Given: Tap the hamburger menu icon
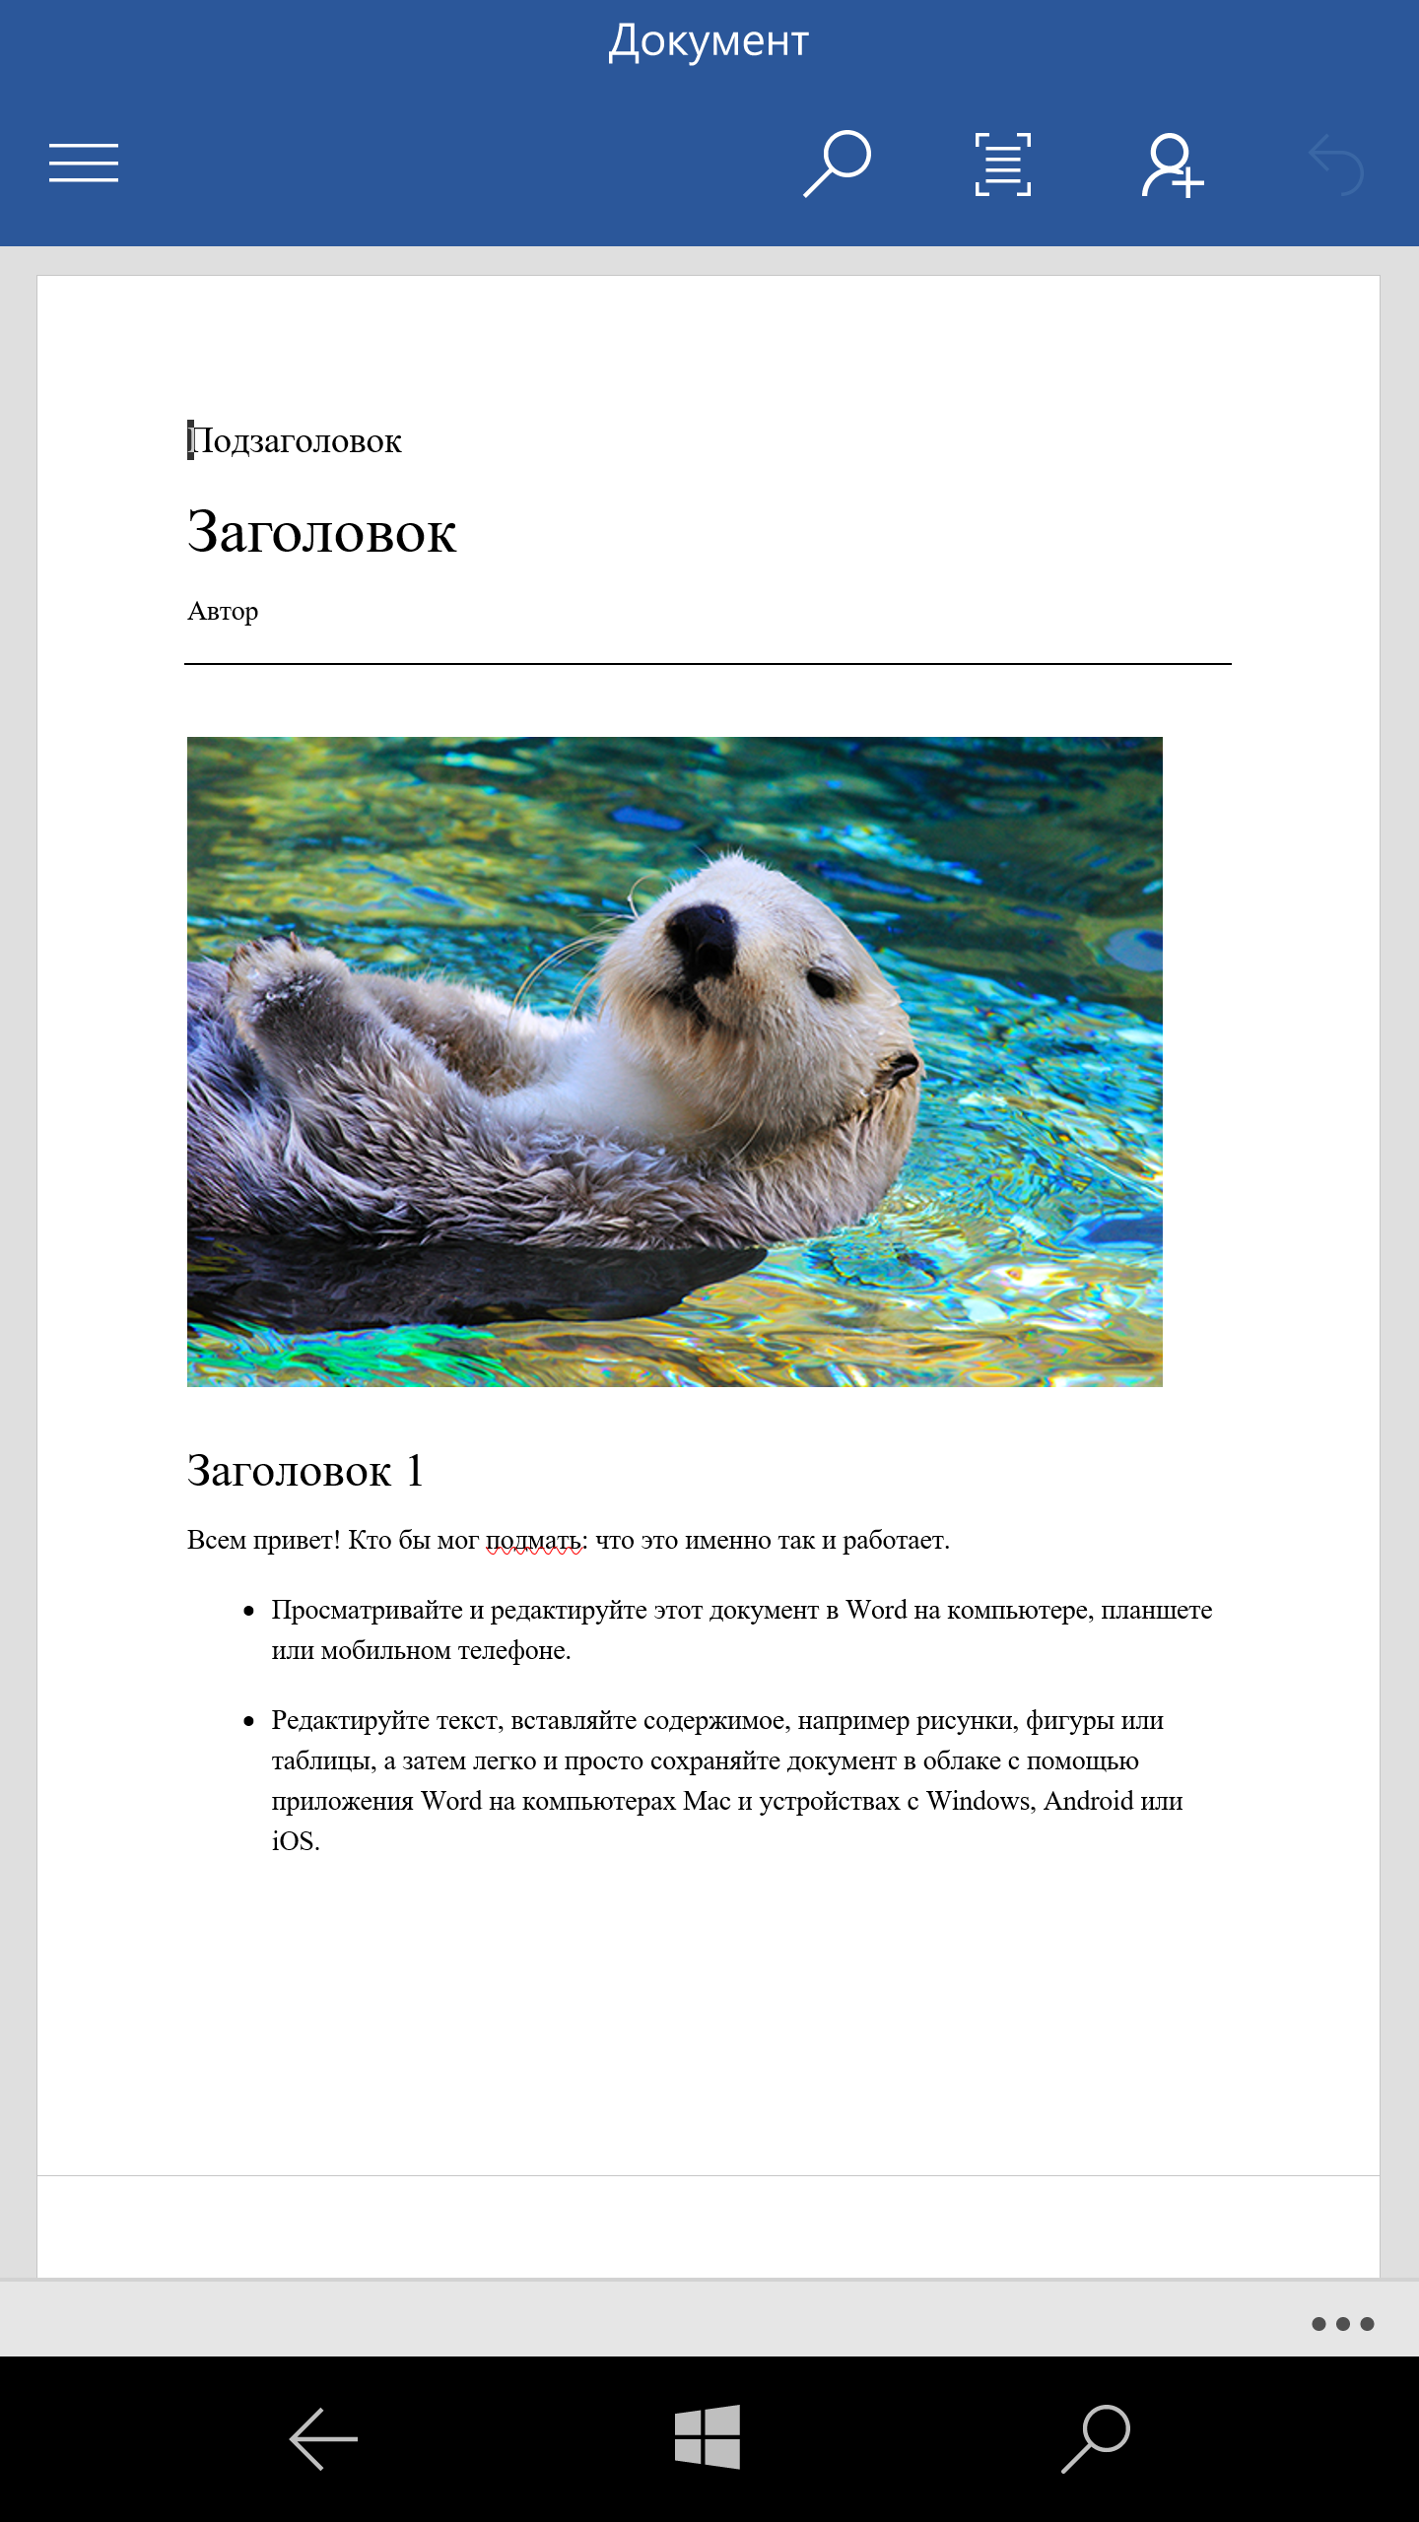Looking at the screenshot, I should [84, 163].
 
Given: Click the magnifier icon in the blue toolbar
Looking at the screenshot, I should [837, 164].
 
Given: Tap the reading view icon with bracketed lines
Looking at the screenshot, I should [1003, 164].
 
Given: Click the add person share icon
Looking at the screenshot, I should [1172, 166].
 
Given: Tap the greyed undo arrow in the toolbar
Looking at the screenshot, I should [1336, 165].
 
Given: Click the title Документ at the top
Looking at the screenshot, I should [709, 41].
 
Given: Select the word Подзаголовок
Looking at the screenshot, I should [296, 441].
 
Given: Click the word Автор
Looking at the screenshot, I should [223, 612].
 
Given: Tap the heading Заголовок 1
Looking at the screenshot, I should [305, 1471].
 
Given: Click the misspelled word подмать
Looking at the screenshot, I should [533, 1541].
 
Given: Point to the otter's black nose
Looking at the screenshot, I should [702, 938].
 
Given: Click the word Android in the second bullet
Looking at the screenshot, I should [1088, 1802].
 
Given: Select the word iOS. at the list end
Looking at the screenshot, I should [296, 1842].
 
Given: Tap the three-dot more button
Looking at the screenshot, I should [1342, 2324].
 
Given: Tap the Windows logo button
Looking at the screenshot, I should [708, 2437].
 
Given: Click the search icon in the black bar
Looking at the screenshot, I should [1096, 2437].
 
